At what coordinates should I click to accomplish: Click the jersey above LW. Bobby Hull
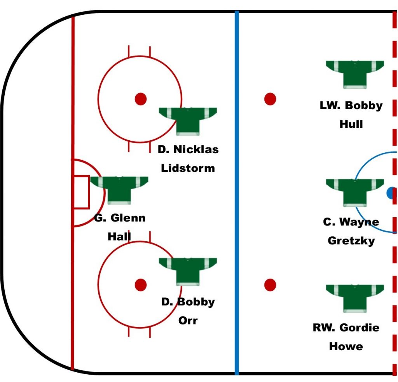354,74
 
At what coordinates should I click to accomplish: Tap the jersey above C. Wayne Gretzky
354,193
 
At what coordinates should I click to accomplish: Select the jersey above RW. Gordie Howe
354,298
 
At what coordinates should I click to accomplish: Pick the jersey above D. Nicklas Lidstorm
188,121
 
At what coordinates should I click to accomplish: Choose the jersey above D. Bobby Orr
188,272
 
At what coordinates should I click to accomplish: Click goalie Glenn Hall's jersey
119,190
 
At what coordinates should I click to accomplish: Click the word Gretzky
351,241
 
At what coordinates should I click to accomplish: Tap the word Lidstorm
188,168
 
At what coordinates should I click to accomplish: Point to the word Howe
346,346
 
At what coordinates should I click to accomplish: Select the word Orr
188,320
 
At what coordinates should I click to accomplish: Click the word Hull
351,124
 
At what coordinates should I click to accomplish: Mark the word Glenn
128,218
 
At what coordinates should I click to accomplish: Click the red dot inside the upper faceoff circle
141,99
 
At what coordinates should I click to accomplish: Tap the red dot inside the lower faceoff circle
141,285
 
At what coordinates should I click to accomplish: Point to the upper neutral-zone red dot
270,99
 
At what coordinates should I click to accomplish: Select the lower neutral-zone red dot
270,285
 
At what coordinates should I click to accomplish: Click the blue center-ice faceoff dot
392,193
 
